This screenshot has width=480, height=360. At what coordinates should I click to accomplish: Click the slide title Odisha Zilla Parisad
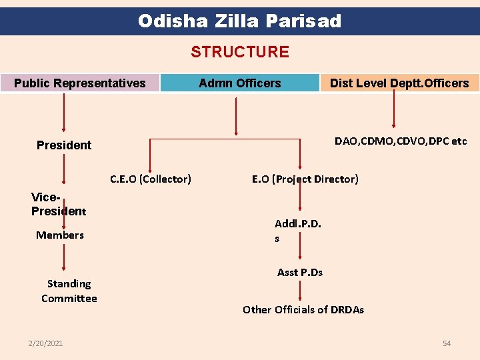pos(239,21)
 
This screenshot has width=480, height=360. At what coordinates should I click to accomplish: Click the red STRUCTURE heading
pos(240,52)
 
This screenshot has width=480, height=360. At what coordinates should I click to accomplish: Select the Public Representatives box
pos(80,83)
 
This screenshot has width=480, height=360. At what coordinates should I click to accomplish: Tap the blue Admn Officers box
pos(240,83)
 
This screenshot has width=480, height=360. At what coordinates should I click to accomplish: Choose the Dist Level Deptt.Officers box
pos(399,83)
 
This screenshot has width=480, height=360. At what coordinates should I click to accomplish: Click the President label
pos(64,145)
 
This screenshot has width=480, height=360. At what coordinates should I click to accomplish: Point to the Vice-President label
pos(58,204)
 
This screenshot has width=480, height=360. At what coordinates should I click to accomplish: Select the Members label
pos(60,235)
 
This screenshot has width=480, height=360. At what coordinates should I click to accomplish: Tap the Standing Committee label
pos(69,291)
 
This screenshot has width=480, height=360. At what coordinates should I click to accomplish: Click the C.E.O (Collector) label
pos(151,179)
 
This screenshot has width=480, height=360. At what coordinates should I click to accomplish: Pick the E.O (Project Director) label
pos(305,179)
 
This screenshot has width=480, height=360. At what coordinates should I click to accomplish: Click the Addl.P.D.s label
pos(297,231)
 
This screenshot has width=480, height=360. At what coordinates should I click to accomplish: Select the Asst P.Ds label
pos(300,272)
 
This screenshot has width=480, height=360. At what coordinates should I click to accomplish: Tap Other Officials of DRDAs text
pos(303,309)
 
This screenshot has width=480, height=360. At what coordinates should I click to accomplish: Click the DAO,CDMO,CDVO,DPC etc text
pos(401,141)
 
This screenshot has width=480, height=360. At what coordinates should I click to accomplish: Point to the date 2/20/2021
pos(45,343)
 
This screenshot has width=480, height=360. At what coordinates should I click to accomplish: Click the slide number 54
pos(447,343)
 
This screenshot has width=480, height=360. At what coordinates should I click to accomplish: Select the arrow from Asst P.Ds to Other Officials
pos(300,290)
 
